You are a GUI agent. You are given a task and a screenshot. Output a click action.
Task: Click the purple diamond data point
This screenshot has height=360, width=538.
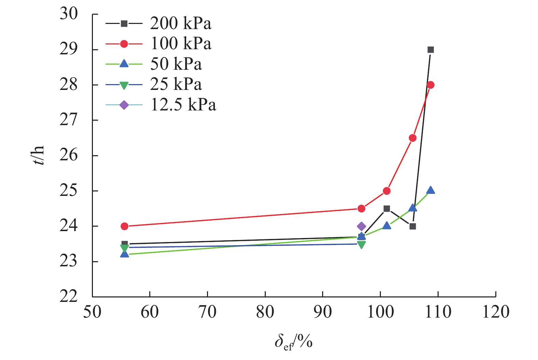coord(361,226)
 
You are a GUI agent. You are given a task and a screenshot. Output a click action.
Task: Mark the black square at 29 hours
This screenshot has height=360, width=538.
coord(431,50)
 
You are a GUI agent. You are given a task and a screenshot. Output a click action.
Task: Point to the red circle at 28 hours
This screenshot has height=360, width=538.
coord(431,85)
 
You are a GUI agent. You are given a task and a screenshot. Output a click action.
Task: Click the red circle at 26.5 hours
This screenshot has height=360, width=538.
coord(413,138)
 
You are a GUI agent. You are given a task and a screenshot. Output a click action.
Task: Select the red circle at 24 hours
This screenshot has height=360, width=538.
coord(125,226)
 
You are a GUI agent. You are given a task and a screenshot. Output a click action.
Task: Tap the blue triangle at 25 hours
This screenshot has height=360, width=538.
coord(431,190)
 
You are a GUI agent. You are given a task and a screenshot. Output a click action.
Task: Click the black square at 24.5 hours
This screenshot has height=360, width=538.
coord(387,209)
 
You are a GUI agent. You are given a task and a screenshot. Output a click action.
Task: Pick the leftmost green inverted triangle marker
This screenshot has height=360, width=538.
coord(125,248)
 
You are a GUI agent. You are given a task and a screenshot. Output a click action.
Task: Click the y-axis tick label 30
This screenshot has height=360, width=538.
coord(69,14)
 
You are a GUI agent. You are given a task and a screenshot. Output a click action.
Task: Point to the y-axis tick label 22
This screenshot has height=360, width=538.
coord(69,296)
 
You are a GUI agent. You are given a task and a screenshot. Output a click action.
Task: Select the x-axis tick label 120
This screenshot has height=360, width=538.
coord(495,312)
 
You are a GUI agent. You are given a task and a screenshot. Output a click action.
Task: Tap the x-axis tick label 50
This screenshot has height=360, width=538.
coord(92,312)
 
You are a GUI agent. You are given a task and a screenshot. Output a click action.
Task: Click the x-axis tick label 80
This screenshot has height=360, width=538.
coord(265,312)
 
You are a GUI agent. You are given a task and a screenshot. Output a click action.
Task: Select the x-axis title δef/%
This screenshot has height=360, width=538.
coord(293,342)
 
